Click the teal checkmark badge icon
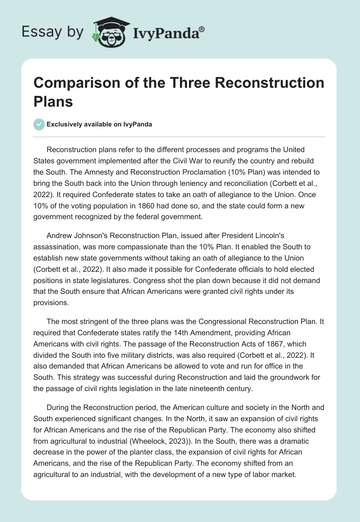pos(39,124)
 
